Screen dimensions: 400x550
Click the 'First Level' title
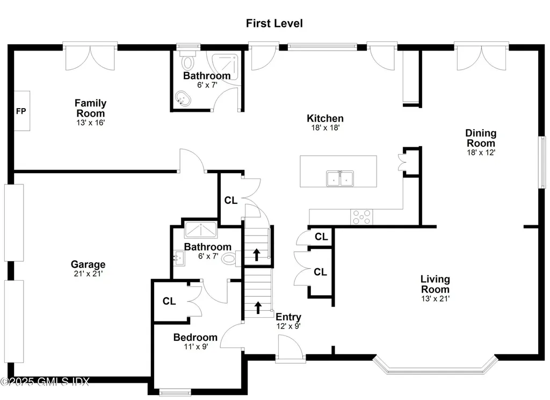(x=274, y=23)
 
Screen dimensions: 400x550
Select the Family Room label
(x=90, y=108)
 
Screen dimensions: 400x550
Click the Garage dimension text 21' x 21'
(x=88, y=274)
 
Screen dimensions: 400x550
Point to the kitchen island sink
(x=340, y=178)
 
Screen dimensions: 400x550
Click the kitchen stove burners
(x=361, y=217)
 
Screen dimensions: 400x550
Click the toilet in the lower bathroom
(x=229, y=259)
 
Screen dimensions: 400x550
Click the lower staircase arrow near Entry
(x=258, y=307)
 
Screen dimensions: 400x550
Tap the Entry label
(x=288, y=317)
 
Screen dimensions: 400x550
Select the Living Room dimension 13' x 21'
(x=435, y=298)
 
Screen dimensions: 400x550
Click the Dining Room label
(x=481, y=138)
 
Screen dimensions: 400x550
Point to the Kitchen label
(x=325, y=118)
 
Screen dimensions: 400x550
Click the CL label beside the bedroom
(x=169, y=301)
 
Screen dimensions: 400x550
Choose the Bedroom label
(x=195, y=338)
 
